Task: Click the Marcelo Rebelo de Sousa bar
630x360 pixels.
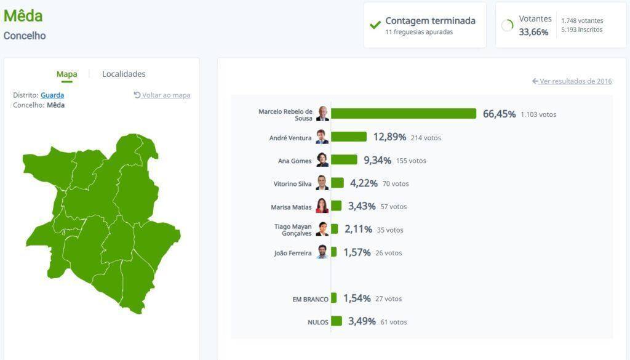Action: coord(404,114)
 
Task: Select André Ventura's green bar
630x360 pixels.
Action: coord(349,137)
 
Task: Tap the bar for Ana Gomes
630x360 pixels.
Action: coord(344,160)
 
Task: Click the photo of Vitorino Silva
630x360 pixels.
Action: coord(322,183)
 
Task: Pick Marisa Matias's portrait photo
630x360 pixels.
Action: coord(322,206)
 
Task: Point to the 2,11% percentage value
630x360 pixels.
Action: coord(358,230)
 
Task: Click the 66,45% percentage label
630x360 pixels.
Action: coord(499,114)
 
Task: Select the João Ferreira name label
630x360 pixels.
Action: coord(293,253)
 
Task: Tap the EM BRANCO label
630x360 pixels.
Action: coord(310,299)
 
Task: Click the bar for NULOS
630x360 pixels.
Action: coord(337,321)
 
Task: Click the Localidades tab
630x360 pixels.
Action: coord(124,74)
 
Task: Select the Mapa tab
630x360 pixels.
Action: coord(66,74)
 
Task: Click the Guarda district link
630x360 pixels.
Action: coord(52,95)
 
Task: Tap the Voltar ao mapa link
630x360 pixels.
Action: coord(162,95)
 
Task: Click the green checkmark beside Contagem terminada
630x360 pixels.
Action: coord(375,25)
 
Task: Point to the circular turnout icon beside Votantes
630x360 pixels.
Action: coord(508,25)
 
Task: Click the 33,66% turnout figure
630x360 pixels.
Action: coord(533,32)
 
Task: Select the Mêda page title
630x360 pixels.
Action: coord(23,16)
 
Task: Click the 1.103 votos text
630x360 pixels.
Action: coord(538,114)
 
